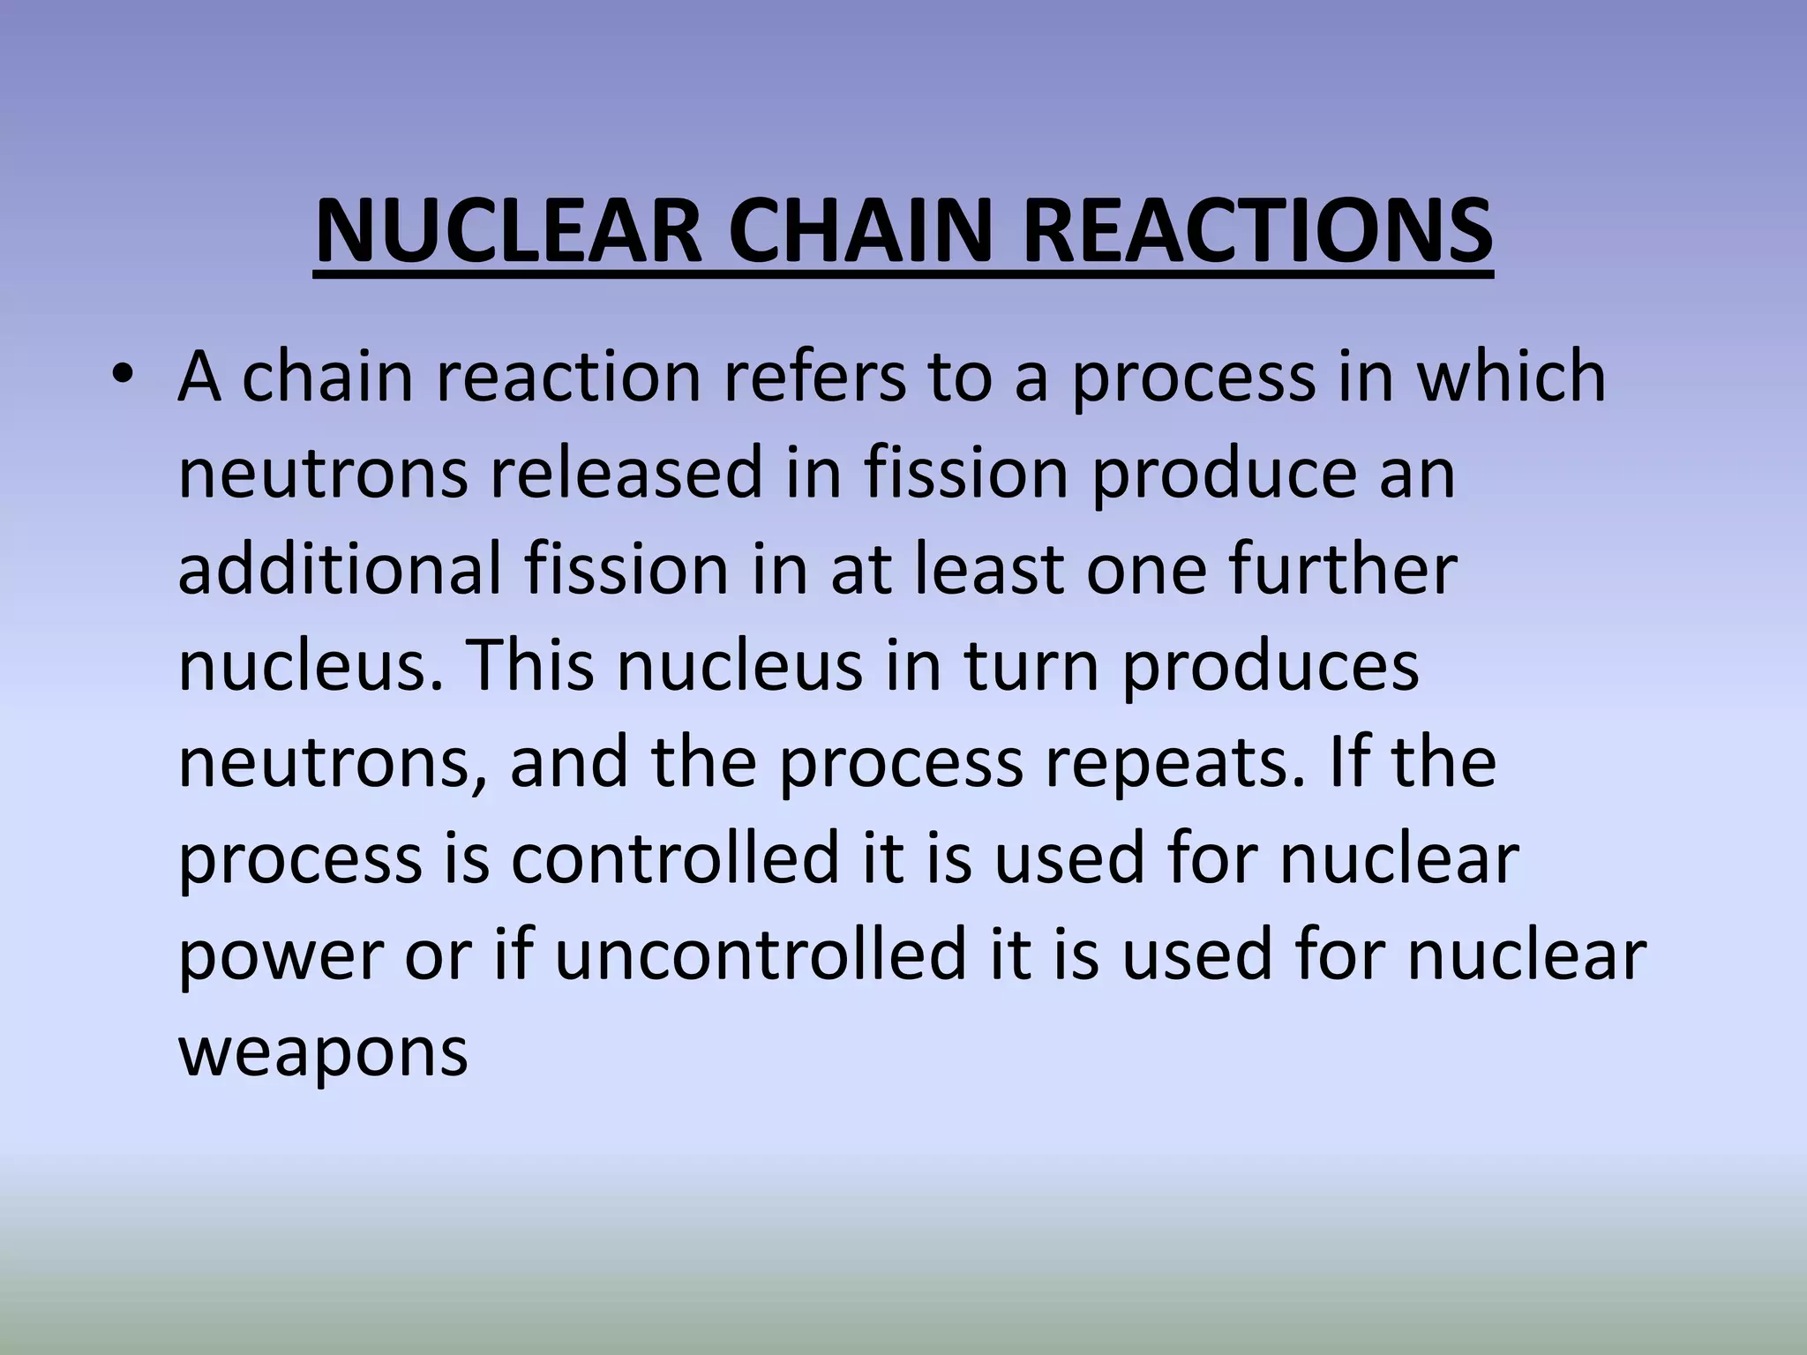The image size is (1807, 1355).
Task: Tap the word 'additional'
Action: click(340, 569)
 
